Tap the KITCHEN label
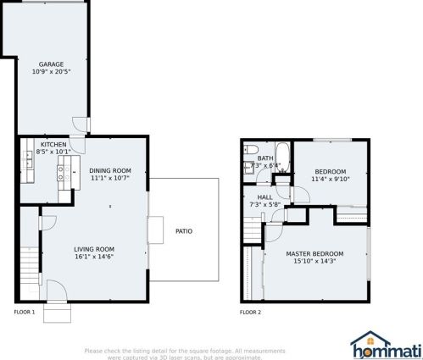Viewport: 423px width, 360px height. pos(53,145)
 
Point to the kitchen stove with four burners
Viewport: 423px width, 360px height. pos(62,174)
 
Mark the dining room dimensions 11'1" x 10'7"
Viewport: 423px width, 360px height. pos(110,179)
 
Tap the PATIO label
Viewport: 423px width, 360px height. pos(183,230)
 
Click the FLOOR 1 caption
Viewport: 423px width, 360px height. pos(24,313)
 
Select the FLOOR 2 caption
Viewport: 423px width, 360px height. pos(250,313)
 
